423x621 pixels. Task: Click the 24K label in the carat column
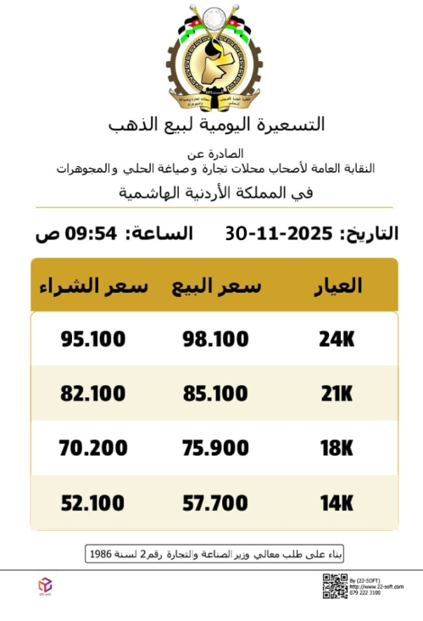(x=336, y=339)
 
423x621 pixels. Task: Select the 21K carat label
(x=336, y=394)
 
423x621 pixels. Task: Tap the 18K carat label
(x=336, y=448)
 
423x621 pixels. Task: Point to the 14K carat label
(x=336, y=503)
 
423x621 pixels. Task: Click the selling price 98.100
(x=216, y=339)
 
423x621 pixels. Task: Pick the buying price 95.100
(x=93, y=339)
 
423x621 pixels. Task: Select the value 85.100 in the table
(x=216, y=394)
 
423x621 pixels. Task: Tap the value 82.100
(x=93, y=394)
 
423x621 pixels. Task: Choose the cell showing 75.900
(x=216, y=448)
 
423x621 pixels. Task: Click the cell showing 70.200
(x=93, y=448)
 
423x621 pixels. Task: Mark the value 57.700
(x=216, y=503)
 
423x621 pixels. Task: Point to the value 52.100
(x=93, y=503)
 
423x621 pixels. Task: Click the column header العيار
(x=337, y=286)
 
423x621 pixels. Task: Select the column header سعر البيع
(x=216, y=286)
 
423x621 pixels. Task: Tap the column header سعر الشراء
(x=93, y=286)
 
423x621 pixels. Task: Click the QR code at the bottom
(x=335, y=586)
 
